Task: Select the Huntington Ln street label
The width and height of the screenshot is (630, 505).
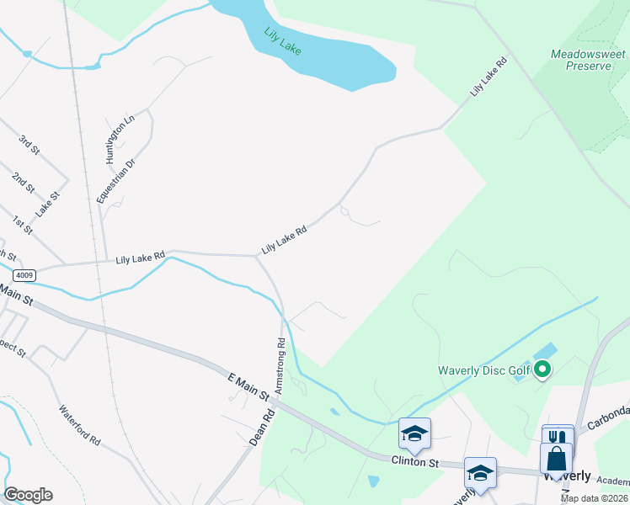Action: pos(120,140)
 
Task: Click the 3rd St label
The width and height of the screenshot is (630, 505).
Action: pos(30,145)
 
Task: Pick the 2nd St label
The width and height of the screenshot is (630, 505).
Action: pos(23,182)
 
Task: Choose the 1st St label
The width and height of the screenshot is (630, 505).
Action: pos(21,224)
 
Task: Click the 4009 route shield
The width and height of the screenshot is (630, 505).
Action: pos(24,275)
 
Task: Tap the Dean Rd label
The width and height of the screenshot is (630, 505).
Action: pos(262,428)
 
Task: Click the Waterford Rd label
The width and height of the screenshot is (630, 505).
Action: pos(80,427)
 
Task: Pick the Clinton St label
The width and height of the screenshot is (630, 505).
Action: pos(415,461)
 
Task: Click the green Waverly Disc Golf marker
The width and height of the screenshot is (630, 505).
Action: pos(543,369)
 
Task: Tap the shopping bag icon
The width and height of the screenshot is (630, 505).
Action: pos(558,460)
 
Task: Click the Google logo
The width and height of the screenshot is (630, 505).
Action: pos(28,495)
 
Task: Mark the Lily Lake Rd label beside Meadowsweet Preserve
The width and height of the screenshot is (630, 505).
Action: pos(489,76)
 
